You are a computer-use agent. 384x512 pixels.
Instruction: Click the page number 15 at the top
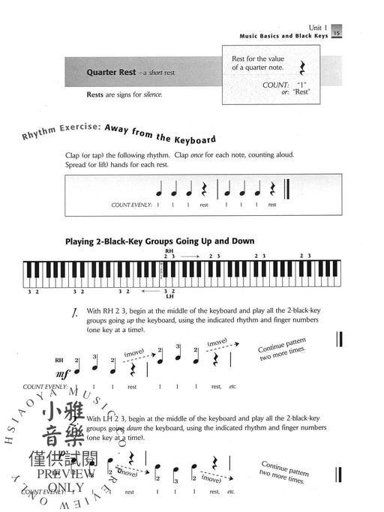[337, 32]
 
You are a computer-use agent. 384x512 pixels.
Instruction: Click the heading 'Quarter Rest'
[112, 74]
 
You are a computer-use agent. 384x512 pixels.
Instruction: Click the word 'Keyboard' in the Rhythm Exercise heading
[192, 139]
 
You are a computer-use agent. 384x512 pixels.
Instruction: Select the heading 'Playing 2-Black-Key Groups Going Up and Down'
[160, 241]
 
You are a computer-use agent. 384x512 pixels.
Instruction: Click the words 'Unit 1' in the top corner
[324, 25]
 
